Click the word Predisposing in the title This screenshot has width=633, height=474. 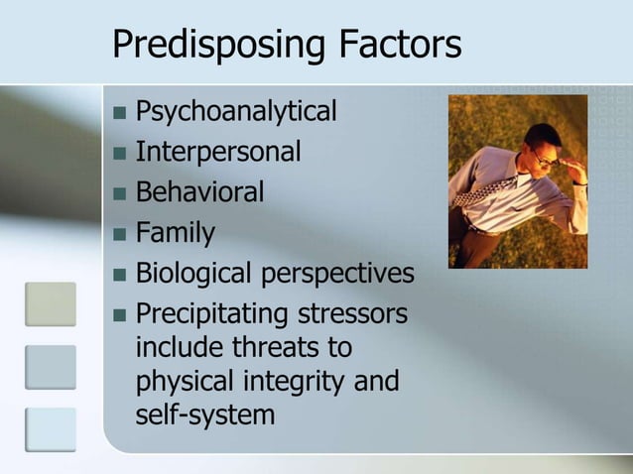[x=207, y=45]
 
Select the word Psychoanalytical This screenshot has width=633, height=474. [x=235, y=112]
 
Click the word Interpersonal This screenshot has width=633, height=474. [x=217, y=153]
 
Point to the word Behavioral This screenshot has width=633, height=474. [x=199, y=191]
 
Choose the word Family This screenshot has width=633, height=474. [x=175, y=233]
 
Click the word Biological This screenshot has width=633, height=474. [x=194, y=274]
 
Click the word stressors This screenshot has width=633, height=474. [x=346, y=314]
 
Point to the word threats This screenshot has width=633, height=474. [x=290, y=348]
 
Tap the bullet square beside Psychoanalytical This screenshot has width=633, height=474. [x=119, y=112]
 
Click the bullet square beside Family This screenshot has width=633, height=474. [x=119, y=234]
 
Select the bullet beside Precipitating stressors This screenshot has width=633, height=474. [x=119, y=315]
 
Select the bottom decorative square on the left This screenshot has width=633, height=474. [x=51, y=428]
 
